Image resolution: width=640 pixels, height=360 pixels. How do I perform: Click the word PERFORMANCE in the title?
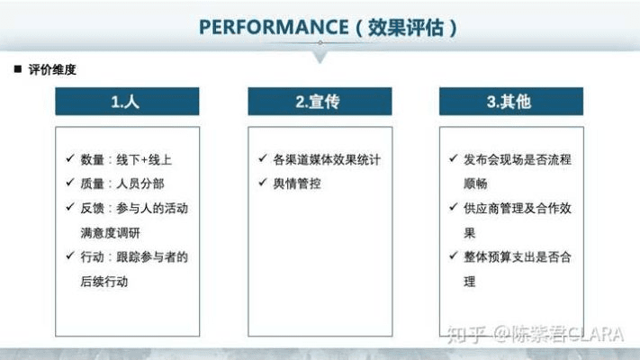273,27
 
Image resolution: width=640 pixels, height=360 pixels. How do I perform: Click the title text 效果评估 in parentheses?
406,27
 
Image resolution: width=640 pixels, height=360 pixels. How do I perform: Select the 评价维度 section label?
52,69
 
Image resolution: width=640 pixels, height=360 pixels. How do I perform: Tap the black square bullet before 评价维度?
17,69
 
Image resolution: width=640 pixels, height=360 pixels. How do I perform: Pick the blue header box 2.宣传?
319,102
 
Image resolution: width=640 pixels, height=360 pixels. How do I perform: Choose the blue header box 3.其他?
510,102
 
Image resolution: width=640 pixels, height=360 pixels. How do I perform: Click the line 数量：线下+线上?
125,159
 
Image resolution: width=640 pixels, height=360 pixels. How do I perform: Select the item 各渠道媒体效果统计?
327,159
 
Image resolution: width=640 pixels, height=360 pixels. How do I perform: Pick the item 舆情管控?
297,184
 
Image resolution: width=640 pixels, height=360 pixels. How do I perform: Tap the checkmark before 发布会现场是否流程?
455,159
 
